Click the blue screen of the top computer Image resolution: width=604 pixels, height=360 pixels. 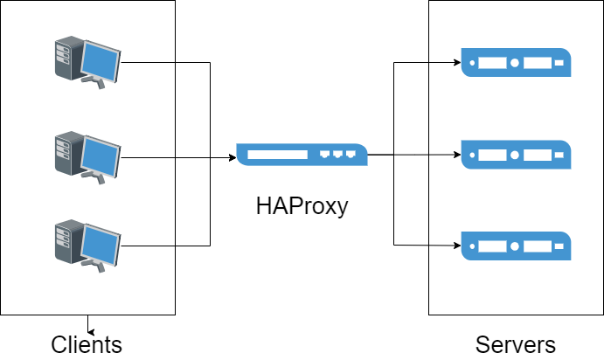pos(101,61)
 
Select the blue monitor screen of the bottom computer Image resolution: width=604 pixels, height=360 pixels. pos(101,243)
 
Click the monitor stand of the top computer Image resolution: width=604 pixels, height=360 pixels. pos(95,83)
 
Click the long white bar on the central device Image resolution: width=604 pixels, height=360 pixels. pos(278,155)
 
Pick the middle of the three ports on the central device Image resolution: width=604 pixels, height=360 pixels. pos(337,154)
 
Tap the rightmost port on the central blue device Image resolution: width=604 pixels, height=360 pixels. pos(351,154)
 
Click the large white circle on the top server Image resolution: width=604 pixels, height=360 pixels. pos(515,63)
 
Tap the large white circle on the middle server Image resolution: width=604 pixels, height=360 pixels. pos(515,155)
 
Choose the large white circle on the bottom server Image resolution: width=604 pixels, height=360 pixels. pos(515,246)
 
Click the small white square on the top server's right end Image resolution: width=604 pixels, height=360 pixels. pos(559,63)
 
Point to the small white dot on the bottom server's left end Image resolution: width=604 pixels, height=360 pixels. pos(472,246)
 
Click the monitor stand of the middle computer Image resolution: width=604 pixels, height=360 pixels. pos(95,176)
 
